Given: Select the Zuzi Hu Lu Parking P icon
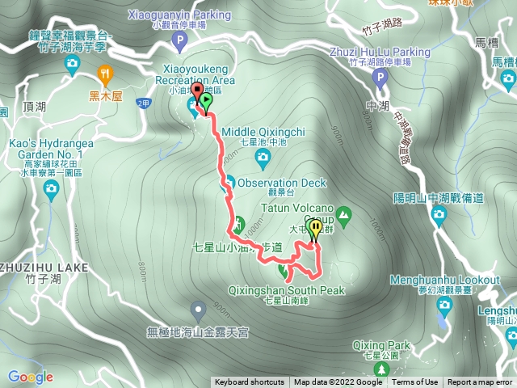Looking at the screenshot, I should tap(380, 78).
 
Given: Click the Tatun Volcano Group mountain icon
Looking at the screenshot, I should tap(345, 215).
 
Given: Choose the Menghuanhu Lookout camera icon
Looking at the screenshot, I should tap(444, 305).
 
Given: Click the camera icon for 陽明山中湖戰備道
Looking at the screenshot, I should tap(439, 214).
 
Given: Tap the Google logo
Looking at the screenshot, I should tap(30, 377).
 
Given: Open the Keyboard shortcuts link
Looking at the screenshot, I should tap(249, 382).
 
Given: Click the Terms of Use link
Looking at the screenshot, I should tap(414, 382).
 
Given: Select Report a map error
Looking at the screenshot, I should tap(480, 382).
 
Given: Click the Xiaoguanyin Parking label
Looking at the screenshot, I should tap(178, 15).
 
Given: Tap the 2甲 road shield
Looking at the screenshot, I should tap(144, 103).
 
